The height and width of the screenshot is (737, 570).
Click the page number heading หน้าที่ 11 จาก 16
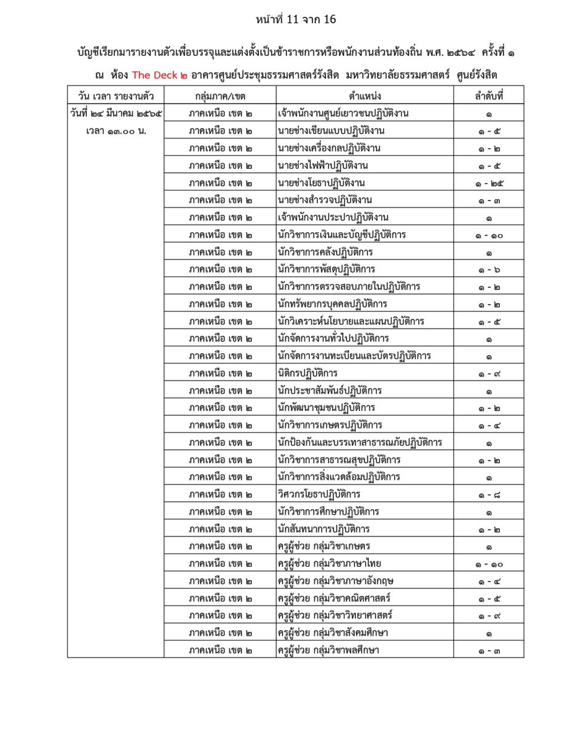(296, 20)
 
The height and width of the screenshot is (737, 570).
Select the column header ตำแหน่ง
(365, 96)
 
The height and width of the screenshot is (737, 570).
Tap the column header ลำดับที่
(489, 96)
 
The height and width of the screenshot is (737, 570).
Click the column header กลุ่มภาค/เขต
(220, 96)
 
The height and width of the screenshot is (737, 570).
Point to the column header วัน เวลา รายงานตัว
(116, 96)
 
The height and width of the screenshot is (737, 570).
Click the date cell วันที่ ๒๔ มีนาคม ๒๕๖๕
(116, 114)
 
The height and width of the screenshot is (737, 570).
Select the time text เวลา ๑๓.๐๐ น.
(116, 131)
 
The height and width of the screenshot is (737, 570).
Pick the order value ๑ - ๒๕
(489, 183)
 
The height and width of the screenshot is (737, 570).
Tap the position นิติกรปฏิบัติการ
(307, 373)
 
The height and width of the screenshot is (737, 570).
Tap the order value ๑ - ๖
(489, 270)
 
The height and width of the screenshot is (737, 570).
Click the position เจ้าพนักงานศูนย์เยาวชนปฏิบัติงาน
(343, 114)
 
